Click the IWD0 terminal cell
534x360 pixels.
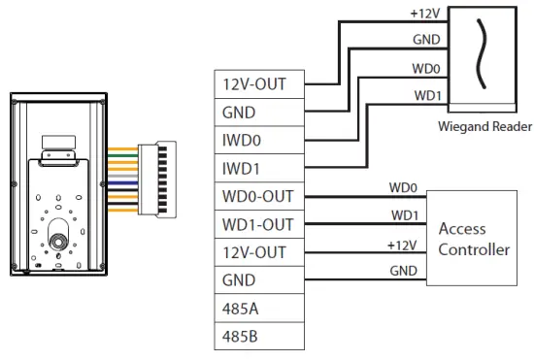(x=259, y=140)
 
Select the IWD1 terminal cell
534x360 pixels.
(x=259, y=168)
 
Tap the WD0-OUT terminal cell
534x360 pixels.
(x=259, y=196)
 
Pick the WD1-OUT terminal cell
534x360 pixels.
(x=259, y=224)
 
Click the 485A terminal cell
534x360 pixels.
(x=259, y=309)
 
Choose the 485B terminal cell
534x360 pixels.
(x=259, y=336)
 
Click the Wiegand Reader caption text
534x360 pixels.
(x=484, y=126)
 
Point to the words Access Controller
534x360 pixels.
(x=474, y=239)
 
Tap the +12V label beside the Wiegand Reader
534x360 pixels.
(x=425, y=14)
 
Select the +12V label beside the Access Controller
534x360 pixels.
(x=402, y=245)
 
